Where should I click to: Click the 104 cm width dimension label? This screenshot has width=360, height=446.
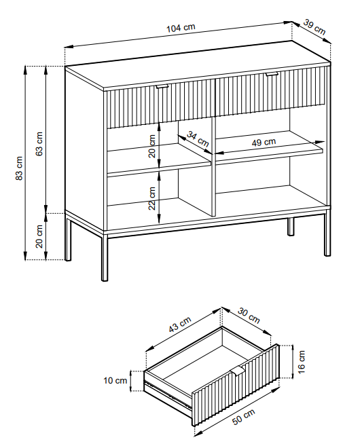pyautogui.click(x=181, y=28)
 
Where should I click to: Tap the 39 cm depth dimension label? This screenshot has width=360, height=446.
pyautogui.click(x=314, y=27)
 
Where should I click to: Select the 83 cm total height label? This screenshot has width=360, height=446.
pyautogui.click(x=19, y=168)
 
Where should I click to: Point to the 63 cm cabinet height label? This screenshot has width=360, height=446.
pyautogui.click(x=39, y=144)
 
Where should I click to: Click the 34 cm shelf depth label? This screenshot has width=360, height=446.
pyautogui.click(x=198, y=138)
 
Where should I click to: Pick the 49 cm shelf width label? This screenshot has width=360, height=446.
pyautogui.click(x=264, y=143)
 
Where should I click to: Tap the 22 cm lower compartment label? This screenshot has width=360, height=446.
pyautogui.click(x=152, y=198)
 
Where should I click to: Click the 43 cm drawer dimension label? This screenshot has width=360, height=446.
pyautogui.click(x=180, y=324)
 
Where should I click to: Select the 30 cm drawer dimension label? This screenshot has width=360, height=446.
pyautogui.click(x=249, y=315)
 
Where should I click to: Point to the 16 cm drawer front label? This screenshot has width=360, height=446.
pyautogui.click(x=302, y=362)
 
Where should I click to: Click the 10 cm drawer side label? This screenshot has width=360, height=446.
pyautogui.click(x=115, y=380)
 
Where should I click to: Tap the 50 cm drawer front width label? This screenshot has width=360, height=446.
pyautogui.click(x=244, y=417)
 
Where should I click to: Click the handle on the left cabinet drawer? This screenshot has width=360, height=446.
pyautogui.click(x=162, y=86)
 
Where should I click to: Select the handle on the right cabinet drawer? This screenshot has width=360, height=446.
pyautogui.click(x=272, y=74)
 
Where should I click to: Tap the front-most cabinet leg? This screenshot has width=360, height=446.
pyautogui.click(x=105, y=257)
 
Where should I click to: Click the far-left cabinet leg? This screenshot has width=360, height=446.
pyautogui.click(x=68, y=237)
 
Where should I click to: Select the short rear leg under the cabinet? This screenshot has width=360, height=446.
pyautogui.click(x=291, y=227)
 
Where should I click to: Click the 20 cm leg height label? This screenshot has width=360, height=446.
pyautogui.click(x=39, y=237)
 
